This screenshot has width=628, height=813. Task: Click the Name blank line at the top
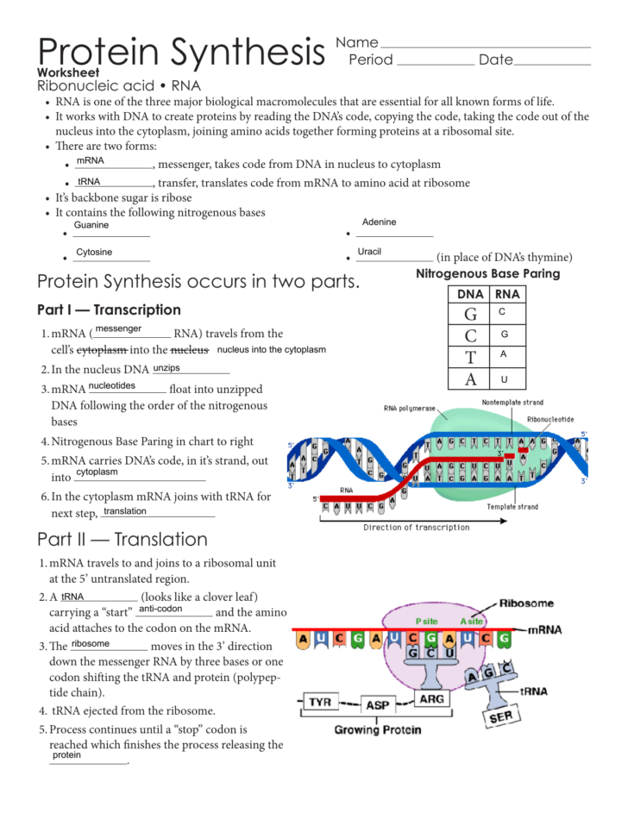coord(485,46)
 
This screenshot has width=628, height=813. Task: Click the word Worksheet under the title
coord(68,73)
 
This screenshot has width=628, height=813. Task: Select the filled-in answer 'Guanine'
coord(91,225)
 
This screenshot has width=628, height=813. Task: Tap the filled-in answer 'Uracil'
coord(369,252)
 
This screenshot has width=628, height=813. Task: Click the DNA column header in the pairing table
coord(469,294)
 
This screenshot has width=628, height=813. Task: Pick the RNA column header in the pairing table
coord(506,294)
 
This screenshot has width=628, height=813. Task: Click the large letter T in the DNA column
coord(470,356)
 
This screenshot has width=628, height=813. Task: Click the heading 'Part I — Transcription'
coord(110,310)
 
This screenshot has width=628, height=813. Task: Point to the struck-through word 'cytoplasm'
coord(102,350)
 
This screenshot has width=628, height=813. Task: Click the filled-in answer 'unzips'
coord(166,368)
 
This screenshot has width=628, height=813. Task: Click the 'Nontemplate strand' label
coord(512,402)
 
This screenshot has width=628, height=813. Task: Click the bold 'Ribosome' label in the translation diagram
coord(527,603)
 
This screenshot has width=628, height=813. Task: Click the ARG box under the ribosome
coord(431,698)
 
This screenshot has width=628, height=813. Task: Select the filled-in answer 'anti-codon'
coord(160,609)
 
